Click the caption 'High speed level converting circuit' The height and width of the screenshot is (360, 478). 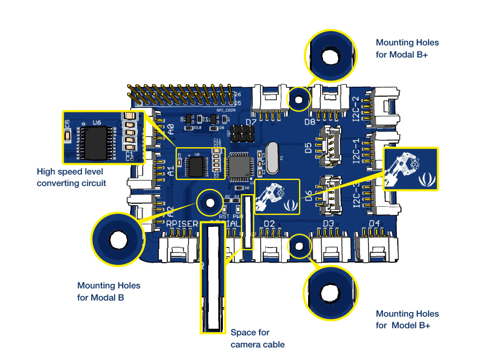71,177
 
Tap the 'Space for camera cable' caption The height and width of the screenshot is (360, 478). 258,338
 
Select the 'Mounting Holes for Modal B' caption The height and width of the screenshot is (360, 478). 109,291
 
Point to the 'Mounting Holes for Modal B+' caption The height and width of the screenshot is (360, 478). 407,48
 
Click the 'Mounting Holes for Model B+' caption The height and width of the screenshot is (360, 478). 407,320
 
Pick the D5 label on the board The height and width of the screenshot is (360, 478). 309,149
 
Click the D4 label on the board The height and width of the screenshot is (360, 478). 374,223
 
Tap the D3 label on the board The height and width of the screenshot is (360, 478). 328,223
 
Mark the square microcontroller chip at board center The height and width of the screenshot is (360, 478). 237,166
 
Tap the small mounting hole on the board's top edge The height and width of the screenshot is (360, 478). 298,98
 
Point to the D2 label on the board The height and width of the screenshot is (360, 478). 269,223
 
